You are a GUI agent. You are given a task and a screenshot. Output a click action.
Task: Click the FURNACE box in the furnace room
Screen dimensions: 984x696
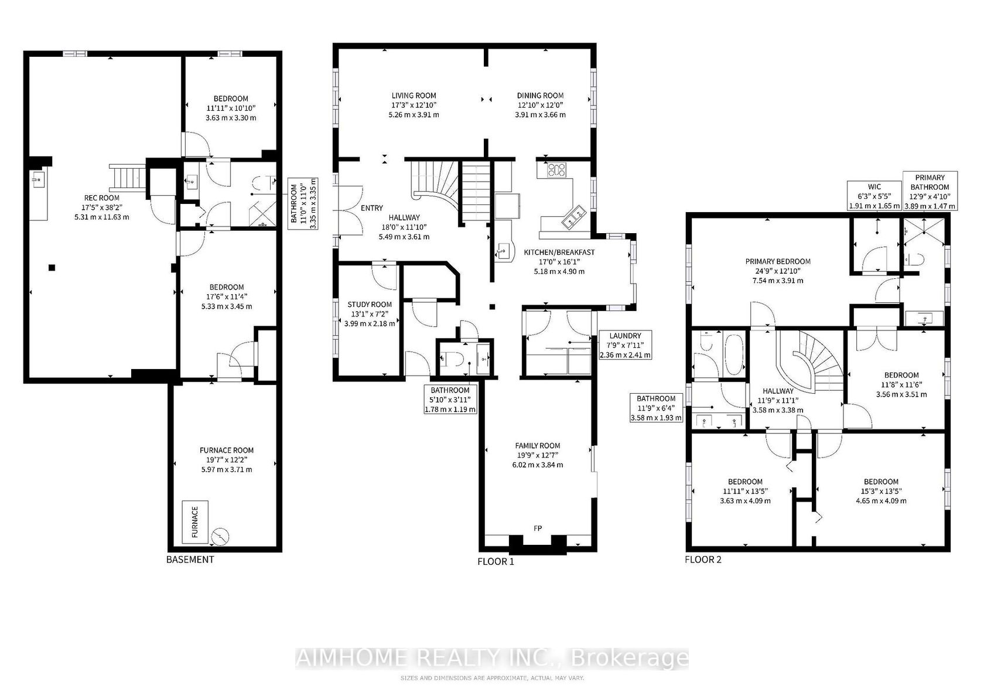(195, 522)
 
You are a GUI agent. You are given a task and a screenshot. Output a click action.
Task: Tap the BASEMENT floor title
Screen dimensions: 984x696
(190, 559)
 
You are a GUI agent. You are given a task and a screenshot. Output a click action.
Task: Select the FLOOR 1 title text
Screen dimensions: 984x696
(496, 561)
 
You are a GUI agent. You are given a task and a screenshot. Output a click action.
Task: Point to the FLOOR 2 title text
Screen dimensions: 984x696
(703, 559)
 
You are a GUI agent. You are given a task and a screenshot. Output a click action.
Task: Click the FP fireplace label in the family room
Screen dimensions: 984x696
(538, 528)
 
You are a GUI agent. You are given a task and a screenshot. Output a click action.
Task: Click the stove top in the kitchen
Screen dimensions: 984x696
(556, 170)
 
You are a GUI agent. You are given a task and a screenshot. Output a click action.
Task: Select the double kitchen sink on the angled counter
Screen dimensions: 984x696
(574, 217)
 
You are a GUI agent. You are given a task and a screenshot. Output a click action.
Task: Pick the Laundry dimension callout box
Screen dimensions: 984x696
(625, 345)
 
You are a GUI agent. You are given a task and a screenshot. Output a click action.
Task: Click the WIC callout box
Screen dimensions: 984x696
(874, 196)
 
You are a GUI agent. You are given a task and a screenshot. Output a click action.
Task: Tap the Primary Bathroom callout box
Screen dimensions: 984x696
(930, 191)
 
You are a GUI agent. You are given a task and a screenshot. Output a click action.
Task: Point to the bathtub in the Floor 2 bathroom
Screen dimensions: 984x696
(733, 355)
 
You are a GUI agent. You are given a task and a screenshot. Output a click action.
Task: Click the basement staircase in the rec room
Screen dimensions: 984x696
(128, 176)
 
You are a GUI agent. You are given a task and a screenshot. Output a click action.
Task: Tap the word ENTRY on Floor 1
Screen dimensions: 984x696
(371, 208)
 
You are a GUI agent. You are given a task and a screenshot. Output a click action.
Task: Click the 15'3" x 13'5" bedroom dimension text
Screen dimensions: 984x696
(881, 491)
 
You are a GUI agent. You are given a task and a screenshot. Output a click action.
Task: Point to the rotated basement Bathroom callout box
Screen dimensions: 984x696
(303, 203)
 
